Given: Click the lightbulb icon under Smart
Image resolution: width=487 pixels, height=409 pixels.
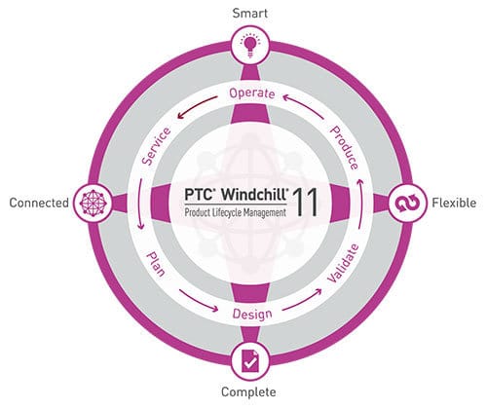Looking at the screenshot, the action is coord(249,46).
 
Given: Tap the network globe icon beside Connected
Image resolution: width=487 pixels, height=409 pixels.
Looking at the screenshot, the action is coord(94,204).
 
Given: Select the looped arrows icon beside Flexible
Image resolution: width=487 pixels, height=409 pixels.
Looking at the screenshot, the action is coord(407,204).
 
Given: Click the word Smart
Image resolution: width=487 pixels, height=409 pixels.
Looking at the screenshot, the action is coord(250,14).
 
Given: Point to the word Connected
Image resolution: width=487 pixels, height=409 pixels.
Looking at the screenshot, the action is coord(39,203).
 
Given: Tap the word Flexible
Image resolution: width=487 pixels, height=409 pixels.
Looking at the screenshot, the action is coord(454,203).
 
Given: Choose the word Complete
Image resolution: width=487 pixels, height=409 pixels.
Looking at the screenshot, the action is coord(248,391).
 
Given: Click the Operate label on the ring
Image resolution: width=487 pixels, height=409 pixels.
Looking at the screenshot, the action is coord(252,93).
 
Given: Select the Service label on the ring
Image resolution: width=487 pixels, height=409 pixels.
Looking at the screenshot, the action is coord(156,146).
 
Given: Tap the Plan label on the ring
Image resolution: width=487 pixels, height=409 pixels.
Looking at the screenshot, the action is coord(156,264).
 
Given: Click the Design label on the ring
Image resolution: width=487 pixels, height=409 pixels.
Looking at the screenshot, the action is coord(252,315).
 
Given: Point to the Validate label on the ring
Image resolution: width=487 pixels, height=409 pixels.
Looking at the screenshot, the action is coord(343,263).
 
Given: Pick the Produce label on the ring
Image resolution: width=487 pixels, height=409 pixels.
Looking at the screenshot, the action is coord(344,148).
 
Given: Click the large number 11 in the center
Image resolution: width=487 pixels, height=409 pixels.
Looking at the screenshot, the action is coord(305,202).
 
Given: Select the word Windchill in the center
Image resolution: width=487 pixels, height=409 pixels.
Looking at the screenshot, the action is coord(254,195).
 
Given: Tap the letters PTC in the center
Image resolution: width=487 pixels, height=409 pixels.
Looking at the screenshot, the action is coord(198,195).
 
